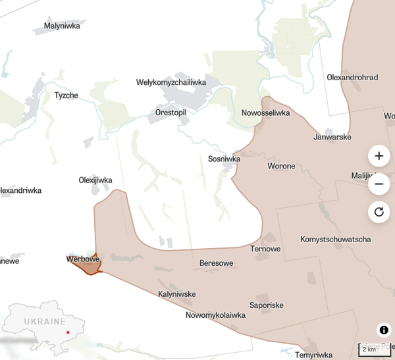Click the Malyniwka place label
click(62, 26)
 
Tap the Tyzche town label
click(66, 95)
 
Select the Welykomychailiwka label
click(171, 82)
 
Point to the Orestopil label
click(171, 113)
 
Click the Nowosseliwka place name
click(266, 113)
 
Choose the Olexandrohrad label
click(352, 78)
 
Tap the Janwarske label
click(332, 138)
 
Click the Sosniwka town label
click(224, 159)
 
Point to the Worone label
click(281, 167)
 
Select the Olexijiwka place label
click(95, 180)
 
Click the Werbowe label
click(83, 259)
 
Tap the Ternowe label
click(265, 249)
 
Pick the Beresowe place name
click(217, 264)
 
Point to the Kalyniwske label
click(177, 294)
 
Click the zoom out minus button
click(379, 184)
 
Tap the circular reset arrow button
click(379, 212)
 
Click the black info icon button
click(384, 330)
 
